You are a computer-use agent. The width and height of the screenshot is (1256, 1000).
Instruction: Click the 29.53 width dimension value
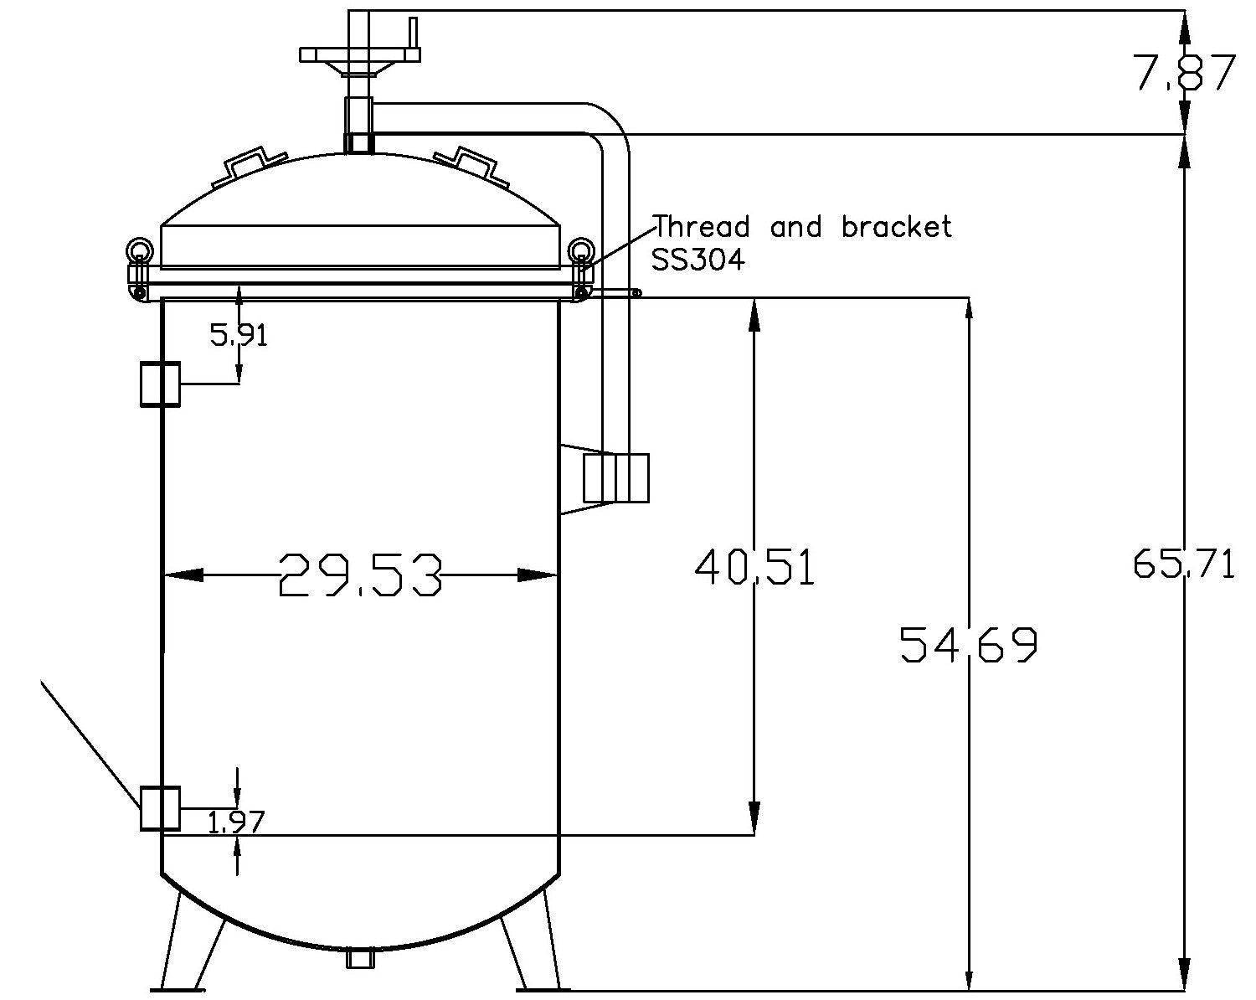(360, 575)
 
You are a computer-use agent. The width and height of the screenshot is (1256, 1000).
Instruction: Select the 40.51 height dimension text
(754, 567)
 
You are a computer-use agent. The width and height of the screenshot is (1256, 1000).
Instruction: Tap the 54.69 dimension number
(969, 644)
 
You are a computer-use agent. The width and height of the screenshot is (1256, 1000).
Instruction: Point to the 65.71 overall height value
(1183, 564)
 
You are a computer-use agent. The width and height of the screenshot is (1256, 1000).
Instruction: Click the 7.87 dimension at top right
(1184, 73)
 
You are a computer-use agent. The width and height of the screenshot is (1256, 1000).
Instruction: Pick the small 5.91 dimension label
(239, 336)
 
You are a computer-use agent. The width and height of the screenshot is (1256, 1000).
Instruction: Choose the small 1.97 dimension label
(235, 823)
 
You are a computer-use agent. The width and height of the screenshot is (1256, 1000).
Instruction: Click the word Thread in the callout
(702, 227)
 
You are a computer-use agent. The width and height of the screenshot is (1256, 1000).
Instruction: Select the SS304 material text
(697, 260)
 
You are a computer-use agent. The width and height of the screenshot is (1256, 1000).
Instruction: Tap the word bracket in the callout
(896, 227)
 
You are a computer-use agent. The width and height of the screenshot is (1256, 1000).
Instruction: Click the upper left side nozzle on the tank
(160, 384)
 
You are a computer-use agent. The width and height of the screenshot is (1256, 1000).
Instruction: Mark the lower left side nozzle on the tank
(160, 808)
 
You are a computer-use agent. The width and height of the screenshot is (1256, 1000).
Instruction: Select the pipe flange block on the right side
(616, 478)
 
